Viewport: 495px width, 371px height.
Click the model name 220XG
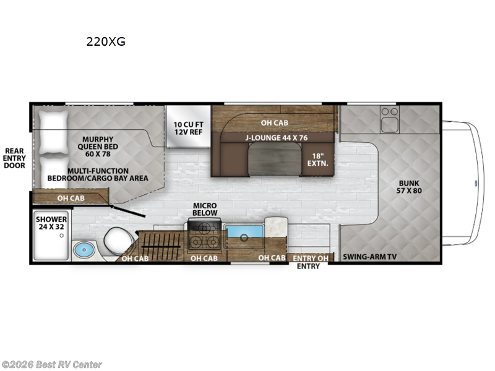tap(106, 43)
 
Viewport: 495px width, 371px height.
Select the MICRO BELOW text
tap(205, 209)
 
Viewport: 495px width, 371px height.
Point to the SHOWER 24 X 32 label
tap(51, 223)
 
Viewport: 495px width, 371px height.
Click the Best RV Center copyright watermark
tap(52, 365)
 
